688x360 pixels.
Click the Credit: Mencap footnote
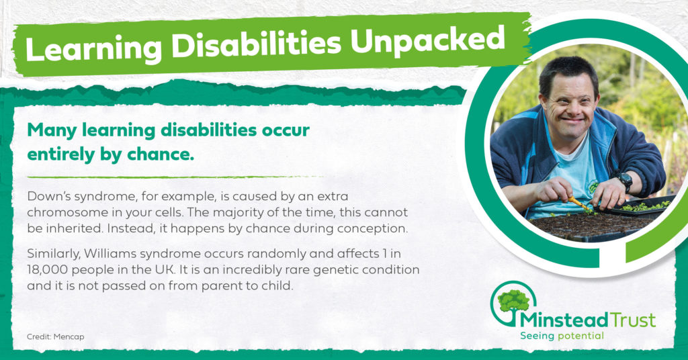(x=55, y=336)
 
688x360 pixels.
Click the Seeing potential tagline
(x=562, y=336)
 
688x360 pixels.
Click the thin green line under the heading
(x=175, y=177)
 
